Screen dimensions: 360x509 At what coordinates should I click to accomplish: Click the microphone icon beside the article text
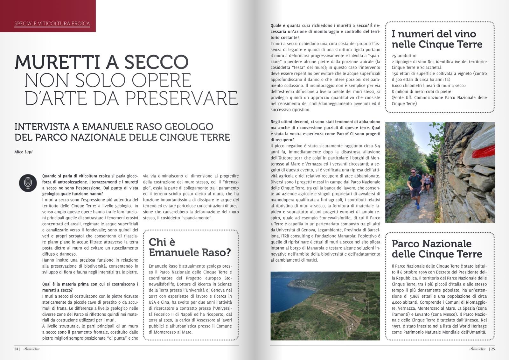pos(28,183)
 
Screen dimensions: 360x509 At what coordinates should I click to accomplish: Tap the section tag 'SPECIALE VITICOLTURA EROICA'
pos(52,24)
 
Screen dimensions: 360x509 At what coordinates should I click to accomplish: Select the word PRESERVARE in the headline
pos(182,98)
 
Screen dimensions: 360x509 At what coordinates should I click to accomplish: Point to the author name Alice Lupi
pos(23,152)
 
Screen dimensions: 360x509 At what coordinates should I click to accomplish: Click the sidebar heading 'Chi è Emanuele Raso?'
pos(190,247)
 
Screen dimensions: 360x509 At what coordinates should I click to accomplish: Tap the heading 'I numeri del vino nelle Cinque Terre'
pos(437,39)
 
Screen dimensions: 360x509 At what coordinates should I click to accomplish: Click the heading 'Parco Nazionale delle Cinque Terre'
pos(437,249)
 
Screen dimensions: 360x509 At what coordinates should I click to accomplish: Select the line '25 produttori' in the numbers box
pos(404,56)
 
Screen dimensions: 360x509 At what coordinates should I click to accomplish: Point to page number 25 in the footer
pos(493,349)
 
